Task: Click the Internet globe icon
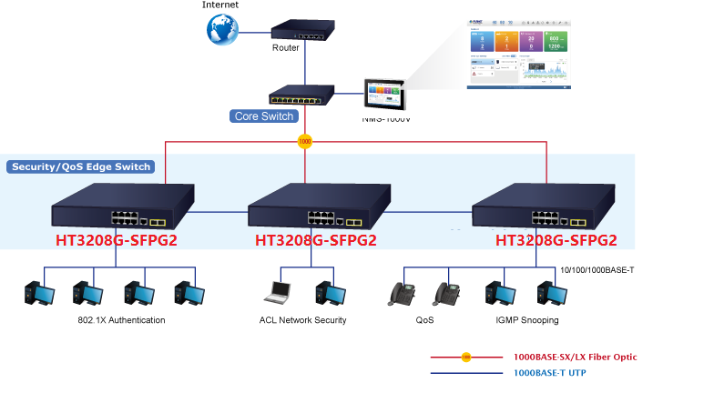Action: (221, 29)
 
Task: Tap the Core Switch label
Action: (264, 116)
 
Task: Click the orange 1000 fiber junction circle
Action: (305, 142)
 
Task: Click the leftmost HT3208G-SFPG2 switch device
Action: (123, 206)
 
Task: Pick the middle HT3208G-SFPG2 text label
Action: (315, 241)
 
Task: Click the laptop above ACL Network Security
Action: (277, 292)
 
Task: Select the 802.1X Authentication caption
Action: (121, 320)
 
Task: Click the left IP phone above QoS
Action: (401, 292)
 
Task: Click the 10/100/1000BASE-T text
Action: (597, 270)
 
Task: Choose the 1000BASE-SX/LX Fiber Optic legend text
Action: (574, 357)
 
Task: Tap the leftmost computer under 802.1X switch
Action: (38, 292)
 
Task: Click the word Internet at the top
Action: (220, 5)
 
